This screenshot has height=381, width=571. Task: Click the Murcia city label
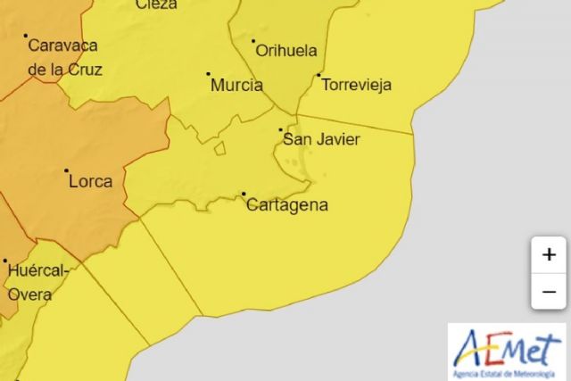coord(236,86)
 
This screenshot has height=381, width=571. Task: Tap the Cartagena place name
coord(286,205)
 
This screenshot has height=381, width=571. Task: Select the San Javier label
coord(320,138)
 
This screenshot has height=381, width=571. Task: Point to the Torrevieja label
coord(356,86)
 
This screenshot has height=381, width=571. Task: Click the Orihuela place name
coord(286,51)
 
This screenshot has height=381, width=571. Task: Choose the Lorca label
coord(90,181)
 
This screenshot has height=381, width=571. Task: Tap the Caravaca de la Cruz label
coord(65,56)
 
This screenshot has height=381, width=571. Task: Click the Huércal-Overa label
coord(37,282)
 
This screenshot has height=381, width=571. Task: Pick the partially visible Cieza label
coord(156,4)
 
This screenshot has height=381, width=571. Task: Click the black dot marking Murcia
coord(209,74)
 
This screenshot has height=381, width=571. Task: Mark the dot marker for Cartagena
coord(244,194)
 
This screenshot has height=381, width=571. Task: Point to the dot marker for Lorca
coord(66,170)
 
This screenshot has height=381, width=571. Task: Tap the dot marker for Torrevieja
coord(319,74)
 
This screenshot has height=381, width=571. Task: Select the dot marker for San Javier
coord(281,129)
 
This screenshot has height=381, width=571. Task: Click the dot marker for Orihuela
coord(253,40)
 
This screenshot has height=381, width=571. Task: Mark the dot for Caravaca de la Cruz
coord(26,37)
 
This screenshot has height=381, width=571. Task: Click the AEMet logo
coord(506,351)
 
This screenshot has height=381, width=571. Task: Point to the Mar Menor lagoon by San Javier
coord(296,165)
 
